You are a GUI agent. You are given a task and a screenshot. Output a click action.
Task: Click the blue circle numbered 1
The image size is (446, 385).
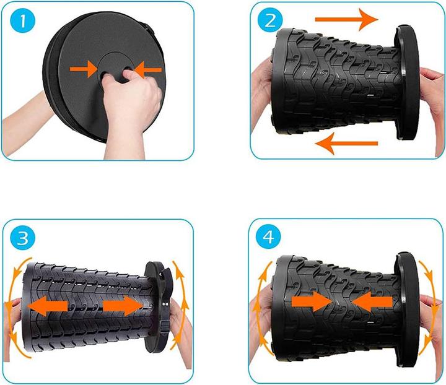click(23, 21)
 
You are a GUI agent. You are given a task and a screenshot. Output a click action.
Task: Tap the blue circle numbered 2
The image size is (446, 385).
click(270, 20)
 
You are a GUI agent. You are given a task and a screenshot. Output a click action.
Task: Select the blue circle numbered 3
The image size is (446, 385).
click(22, 238)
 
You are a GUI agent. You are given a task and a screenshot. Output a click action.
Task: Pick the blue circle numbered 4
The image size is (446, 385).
click(268, 236)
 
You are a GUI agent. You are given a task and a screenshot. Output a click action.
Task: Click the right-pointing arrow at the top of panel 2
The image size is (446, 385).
click(347, 19)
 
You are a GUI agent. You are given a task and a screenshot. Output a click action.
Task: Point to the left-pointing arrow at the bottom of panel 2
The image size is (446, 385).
click(346, 144)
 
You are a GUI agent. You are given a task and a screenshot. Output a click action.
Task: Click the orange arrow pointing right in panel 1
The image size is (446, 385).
click(84, 69)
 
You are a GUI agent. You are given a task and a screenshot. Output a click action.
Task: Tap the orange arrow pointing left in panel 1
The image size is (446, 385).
click(147, 70)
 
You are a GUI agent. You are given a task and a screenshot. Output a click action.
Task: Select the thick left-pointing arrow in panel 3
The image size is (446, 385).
click(48, 306)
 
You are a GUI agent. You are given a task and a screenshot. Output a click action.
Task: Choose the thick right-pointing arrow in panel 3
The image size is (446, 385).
click(123, 306)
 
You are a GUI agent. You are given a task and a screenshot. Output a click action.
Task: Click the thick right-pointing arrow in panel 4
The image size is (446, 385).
click(313, 302)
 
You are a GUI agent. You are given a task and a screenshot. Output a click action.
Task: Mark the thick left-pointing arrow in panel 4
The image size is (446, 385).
click(372, 302)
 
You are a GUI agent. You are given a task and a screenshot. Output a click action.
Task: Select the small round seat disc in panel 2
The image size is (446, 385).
click(408, 82)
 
